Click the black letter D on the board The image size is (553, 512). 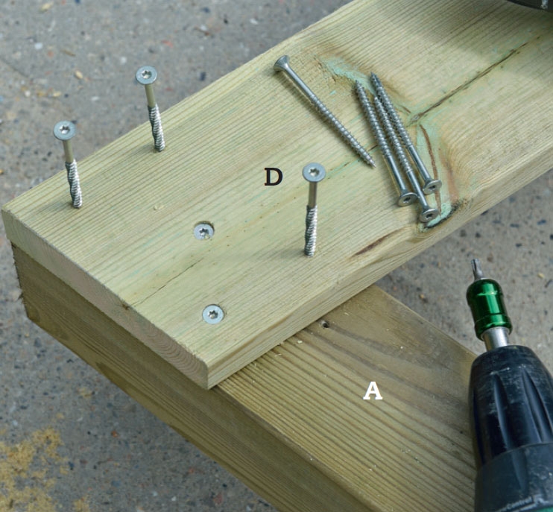click(x=274, y=177)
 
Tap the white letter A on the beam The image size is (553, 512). click(x=373, y=391)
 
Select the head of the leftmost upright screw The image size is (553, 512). click(x=65, y=130)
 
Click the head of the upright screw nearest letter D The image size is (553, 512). click(x=314, y=172)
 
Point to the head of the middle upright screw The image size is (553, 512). click(x=146, y=75)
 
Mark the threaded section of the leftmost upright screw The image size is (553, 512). click(x=74, y=183)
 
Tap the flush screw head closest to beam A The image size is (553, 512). click(x=213, y=315)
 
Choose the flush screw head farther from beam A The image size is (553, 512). click(x=204, y=231)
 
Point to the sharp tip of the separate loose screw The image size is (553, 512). click(x=373, y=165)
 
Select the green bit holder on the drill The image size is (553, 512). click(x=488, y=307)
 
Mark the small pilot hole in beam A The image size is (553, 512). click(x=325, y=323)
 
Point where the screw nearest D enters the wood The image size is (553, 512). click(x=309, y=253)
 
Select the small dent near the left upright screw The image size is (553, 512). click(x=158, y=207)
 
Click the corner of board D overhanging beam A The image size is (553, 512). click(x=208, y=388)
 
